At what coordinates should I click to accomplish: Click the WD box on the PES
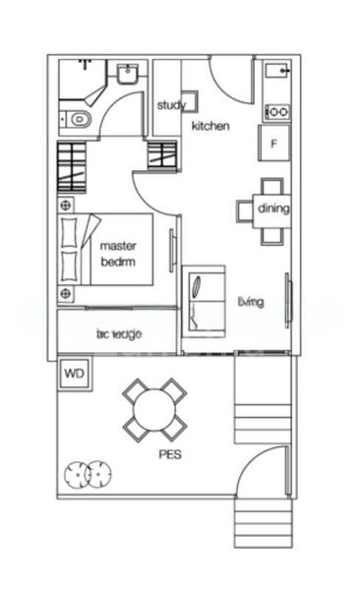tap(73, 374)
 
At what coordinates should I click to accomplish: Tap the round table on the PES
tap(154, 408)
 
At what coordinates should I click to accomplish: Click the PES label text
tap(170, 455)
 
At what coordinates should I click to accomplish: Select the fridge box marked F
tap(273, 143)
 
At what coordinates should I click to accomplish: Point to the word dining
tap(273, 208)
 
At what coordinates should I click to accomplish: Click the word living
tap(251, 302)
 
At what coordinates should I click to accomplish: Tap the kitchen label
tap(210, 126)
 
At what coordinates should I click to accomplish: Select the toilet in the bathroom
tap(77, 120)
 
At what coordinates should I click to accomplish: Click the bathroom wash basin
tap(127, 76)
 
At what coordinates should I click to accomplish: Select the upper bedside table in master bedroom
tap(67, 205)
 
